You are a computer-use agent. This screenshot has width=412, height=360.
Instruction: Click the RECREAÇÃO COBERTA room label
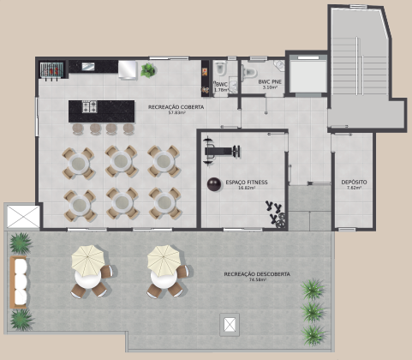(x=169, y=107)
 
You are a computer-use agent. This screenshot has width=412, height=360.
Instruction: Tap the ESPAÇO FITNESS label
(x=247, y=183)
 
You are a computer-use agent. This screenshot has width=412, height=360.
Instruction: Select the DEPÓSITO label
(x=354, y=183)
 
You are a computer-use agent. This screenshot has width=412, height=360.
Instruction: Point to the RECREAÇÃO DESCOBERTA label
(x=257, y=274)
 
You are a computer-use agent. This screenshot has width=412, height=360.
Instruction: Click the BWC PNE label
(x=270, y=81)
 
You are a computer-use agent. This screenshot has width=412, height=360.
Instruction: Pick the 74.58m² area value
(x=257, y=280)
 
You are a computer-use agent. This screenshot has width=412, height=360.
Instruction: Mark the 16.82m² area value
(x=247, y=188)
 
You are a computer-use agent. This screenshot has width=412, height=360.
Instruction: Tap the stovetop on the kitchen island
(x=92, y=107)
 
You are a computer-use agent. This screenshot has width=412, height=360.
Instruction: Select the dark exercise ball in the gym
(x=212, y=183)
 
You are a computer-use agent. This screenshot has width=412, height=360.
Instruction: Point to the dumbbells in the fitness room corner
(x=275, y=214)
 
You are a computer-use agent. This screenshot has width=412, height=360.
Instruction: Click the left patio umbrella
(x=87, y=257)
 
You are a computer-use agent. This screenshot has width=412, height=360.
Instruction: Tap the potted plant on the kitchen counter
(x=149, y=70)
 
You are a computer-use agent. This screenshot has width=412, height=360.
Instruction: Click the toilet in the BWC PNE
(x=278, y=67)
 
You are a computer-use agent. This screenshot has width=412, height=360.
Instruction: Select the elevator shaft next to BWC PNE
(x=307, y=72)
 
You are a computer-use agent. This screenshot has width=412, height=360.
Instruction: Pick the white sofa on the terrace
(x=20, y=282)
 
